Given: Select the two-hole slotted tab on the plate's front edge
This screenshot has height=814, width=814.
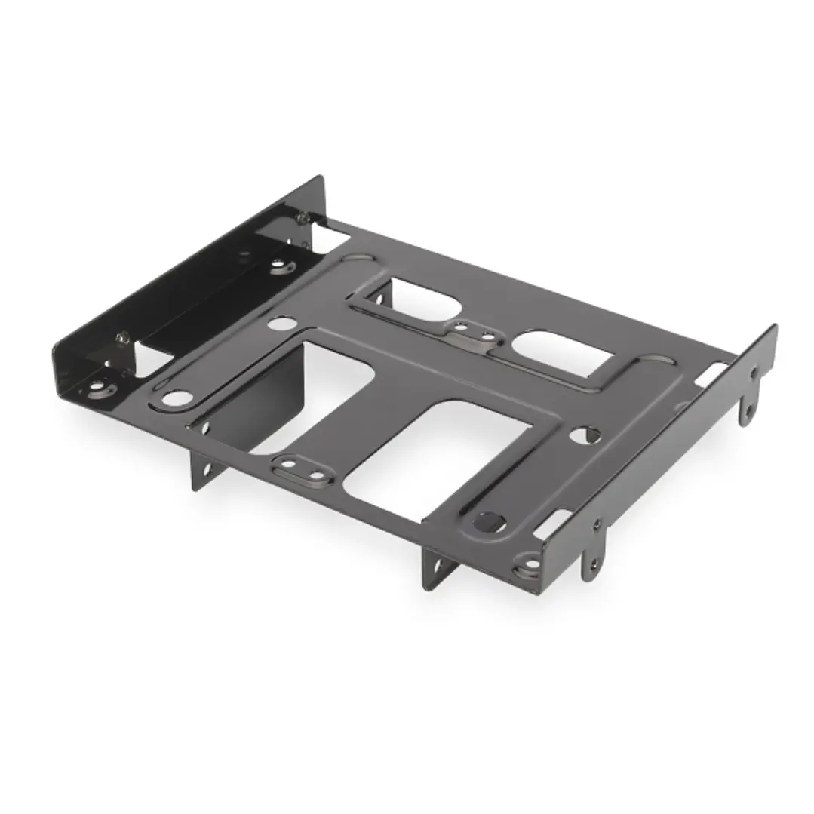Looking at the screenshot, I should tap(303, 471).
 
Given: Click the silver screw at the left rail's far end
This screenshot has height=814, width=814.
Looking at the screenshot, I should tap(302, 217).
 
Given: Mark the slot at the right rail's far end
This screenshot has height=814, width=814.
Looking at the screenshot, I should tap(712, 373).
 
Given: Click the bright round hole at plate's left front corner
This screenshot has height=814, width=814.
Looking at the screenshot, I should tap(176, 397).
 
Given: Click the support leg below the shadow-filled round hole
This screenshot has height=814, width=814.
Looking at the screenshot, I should tap(440, 567).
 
